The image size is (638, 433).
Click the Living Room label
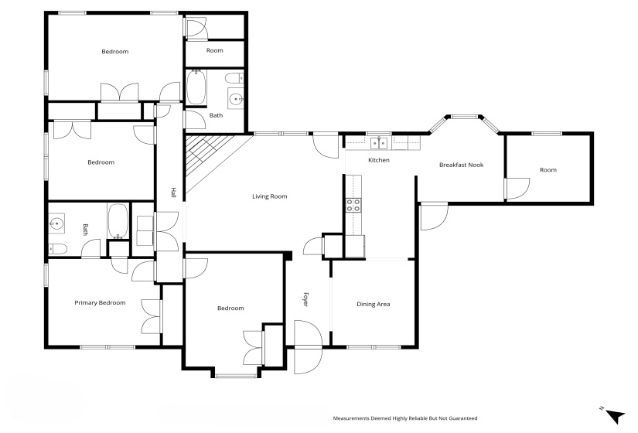(x=269, y=196)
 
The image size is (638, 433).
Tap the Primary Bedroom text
(x=100, y=302)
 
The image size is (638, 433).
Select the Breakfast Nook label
(x=461, y=165)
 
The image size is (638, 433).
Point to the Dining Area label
(x=373, y=304)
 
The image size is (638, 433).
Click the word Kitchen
(x=378, y=160)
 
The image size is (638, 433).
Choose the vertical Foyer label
(x=305, y=299)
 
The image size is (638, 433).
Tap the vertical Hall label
(x=173, y=193)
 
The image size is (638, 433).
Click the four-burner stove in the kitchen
(x=353, y=205)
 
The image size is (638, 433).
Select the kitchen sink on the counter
(x=379, y=142)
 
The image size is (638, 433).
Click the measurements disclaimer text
(x=404, y=418)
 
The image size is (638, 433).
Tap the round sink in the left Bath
(x=56, y=225)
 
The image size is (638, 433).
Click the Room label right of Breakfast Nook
(x=548, y=170)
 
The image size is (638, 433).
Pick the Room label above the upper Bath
(x=214, y=50)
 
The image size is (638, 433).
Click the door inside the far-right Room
(x=517, y=188)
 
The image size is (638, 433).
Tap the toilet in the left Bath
(x=57, y=249)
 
